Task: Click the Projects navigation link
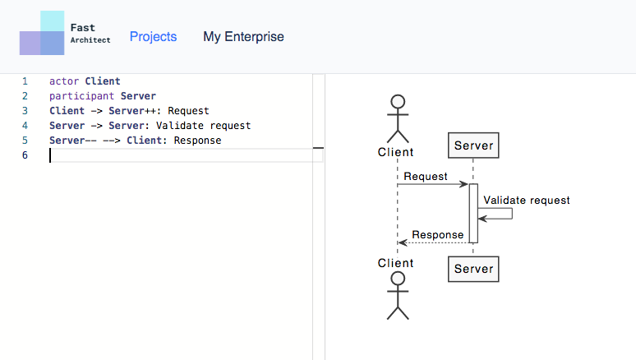tap(154, 37)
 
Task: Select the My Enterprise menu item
tap(243, 36)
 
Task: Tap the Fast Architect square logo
tap(42, 33)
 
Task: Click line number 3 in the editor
tap(25, 111)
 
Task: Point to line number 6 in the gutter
tap(25, 155)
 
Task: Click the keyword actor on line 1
tap(64, 81)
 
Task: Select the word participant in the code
tap(82, 96)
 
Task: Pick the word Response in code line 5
tap(197, 141)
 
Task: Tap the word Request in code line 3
tap(189, 111)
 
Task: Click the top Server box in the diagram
tap(473, 145)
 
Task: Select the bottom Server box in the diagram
tap(473, 269)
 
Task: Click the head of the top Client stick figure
tap(398, 101)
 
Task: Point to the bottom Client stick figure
tap(398, 296)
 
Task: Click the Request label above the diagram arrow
tap(426, 177)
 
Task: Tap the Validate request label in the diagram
tap(527, 200)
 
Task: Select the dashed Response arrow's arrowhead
tap(403, 242)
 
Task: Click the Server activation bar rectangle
tap(473, 214)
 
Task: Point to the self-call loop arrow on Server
tap(512, 214)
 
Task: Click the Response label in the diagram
tap(438, 235)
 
